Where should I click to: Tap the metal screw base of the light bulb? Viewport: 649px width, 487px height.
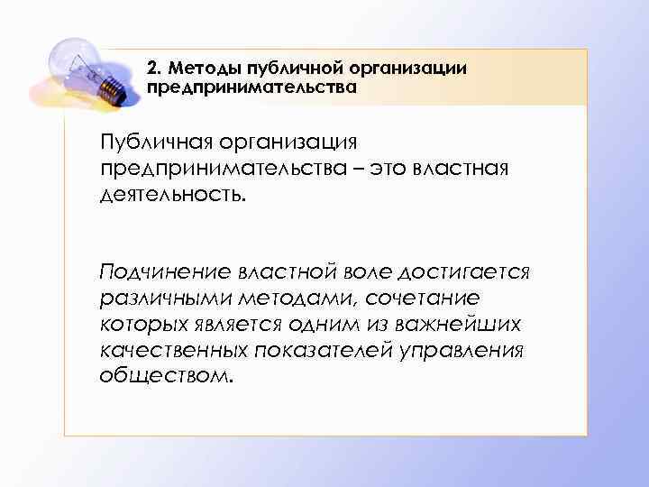(x=111, y=86)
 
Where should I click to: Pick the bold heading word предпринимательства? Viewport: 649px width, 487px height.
(x=251, y=88)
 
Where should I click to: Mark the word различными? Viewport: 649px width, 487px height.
(x=163, y=297)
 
